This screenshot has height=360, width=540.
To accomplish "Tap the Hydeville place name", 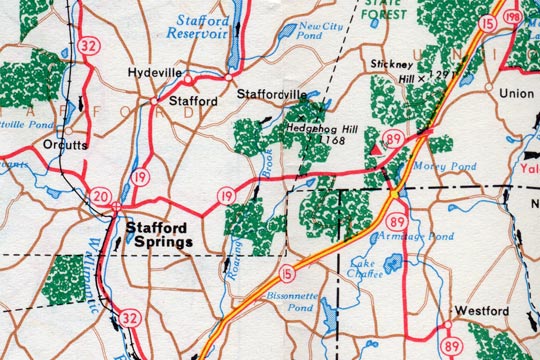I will coord(157,73).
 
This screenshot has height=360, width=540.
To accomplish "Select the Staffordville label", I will coord(272,94).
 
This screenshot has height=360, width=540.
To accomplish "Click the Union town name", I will coord(516,94).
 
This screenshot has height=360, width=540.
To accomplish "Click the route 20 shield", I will coord(99,195).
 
